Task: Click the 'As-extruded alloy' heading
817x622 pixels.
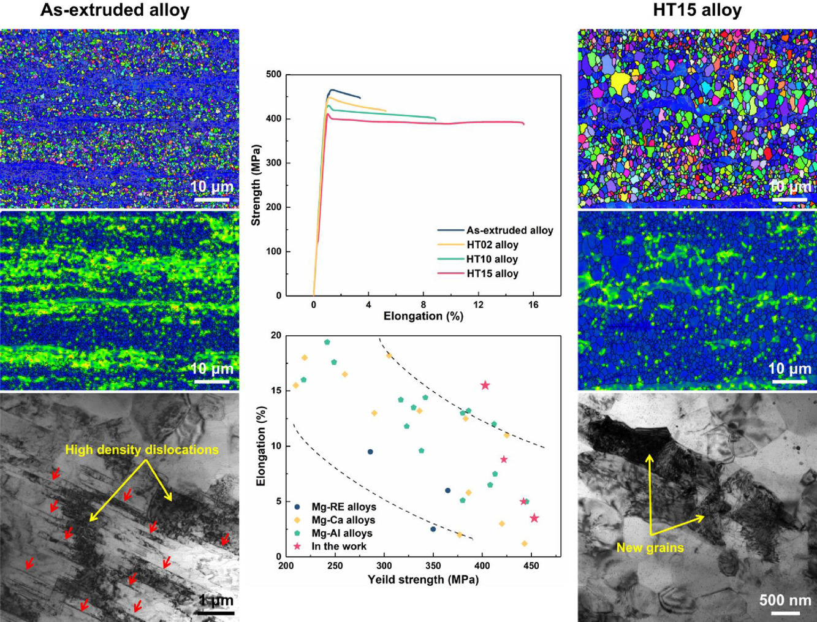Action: (115, 10)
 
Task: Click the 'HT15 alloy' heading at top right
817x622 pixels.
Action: (697, 10)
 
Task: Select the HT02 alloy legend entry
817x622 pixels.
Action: (492, 245)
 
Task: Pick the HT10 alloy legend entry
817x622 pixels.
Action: (492, 259)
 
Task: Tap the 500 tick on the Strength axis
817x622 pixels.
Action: (274, 75)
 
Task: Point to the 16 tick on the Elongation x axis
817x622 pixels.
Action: (533, 305)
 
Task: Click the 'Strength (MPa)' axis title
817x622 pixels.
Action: (256, 185)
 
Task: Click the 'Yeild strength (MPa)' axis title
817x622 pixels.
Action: (423, 580)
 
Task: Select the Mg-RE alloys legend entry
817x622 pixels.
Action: (343, 507)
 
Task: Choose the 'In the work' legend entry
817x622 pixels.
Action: (338, 546)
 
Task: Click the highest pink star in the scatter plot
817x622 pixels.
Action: (485, 385)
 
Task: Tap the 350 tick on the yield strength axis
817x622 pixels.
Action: (433, 566)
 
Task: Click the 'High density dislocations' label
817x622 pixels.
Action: (142, 450)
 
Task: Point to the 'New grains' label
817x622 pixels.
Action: (650, 547)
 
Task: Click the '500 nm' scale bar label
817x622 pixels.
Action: (785, 600)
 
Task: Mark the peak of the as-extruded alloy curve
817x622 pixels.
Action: (332, 90)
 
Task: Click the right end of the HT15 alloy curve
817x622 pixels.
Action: (524, 124)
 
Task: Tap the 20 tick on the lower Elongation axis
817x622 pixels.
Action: (276, 336)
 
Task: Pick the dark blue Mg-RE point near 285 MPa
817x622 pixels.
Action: (370, 452)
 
